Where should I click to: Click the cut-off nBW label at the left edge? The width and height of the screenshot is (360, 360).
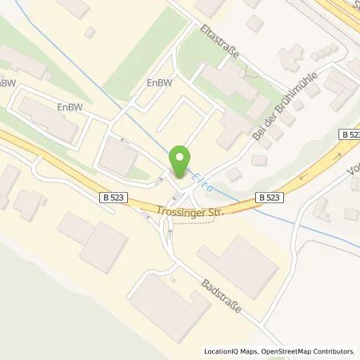click(x=7, y=82)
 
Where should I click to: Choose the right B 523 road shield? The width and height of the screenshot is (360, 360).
click(x=270, y=195)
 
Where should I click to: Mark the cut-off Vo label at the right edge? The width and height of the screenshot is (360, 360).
click(x=354, y=171)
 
